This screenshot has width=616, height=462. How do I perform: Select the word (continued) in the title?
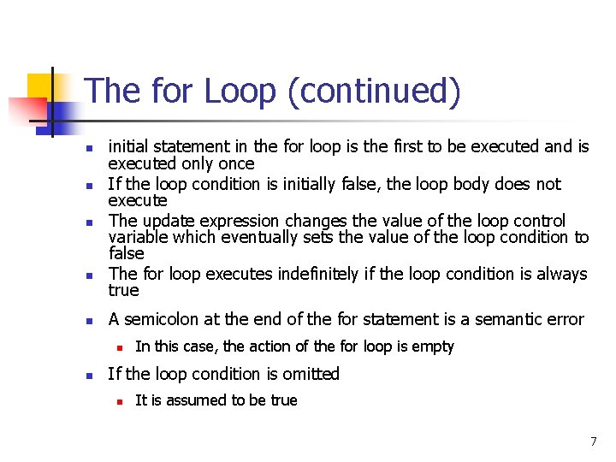pos(374,92)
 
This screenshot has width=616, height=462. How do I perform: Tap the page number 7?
pos(593,441)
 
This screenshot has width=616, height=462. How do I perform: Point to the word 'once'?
pos(237,163)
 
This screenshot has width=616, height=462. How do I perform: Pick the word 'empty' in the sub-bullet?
pos(435,346)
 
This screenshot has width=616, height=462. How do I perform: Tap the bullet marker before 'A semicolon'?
pos(88,321)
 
